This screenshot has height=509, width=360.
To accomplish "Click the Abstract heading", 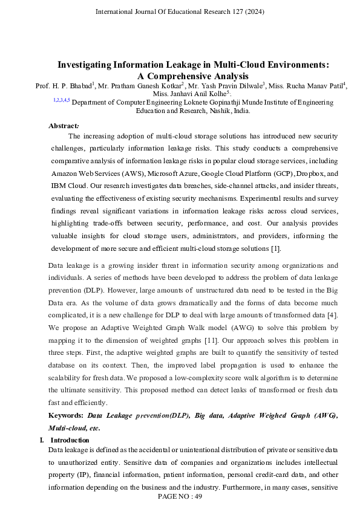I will (63, 126).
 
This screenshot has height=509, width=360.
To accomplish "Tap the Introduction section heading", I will (69, 440).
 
